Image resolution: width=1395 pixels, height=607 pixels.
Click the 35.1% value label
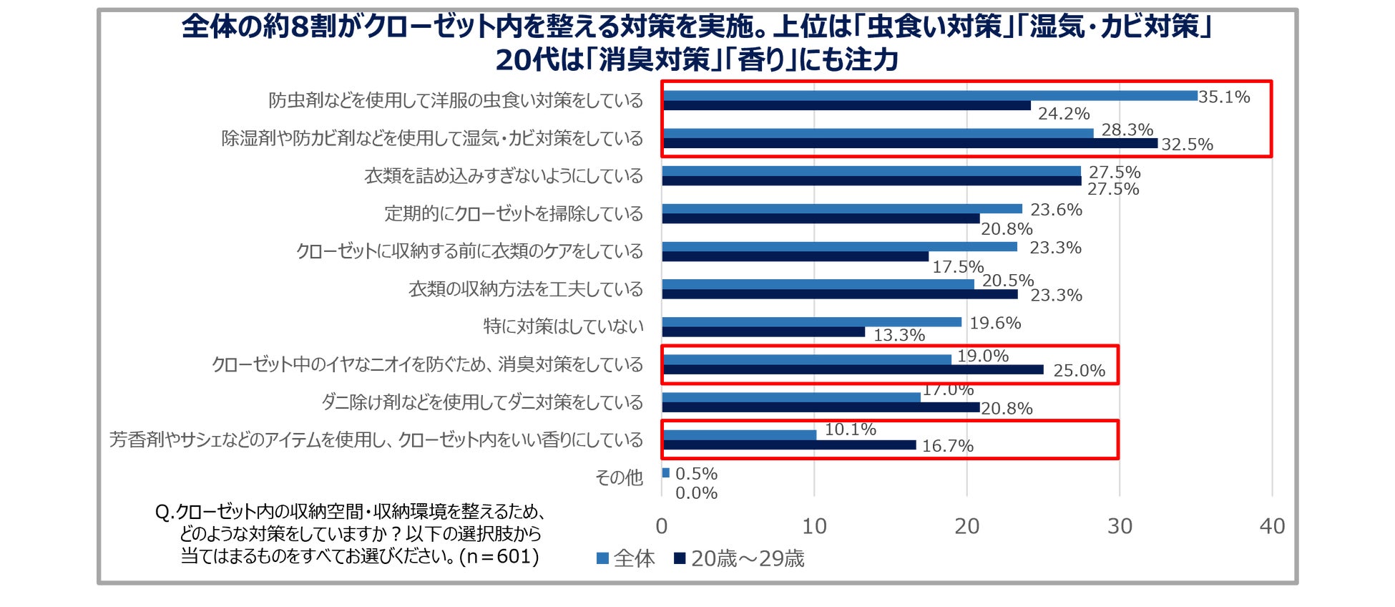point(1224,97)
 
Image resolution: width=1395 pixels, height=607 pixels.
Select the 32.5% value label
point(1187,145)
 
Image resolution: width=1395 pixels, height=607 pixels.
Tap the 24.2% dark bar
point(846,106)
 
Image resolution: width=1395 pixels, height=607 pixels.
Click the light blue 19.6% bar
point(811,322)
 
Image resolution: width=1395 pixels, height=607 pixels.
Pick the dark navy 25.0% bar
point(853,370)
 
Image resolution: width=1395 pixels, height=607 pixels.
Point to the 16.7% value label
point(947,446)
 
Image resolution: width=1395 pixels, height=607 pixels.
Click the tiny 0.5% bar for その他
point(666,472)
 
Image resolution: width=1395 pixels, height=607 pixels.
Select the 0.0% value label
point(696,493)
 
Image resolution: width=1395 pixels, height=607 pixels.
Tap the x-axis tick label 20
point(966,527)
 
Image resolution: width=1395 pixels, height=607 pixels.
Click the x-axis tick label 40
point(1272,527)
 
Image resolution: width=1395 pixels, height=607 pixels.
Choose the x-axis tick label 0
point(662,527)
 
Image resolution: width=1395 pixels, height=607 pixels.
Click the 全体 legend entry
point(626,558)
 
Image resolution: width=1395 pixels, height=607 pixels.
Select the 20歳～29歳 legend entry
point(740,558)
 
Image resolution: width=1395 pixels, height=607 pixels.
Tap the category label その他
point(620,477)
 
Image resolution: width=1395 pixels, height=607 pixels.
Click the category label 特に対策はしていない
point(563,326)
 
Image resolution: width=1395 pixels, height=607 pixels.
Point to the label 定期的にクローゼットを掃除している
point(514,213)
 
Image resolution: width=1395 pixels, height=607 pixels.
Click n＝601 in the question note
point(499,556)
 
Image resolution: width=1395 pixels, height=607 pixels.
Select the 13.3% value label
point(899,335)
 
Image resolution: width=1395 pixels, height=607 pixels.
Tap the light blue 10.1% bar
point(739,435)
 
